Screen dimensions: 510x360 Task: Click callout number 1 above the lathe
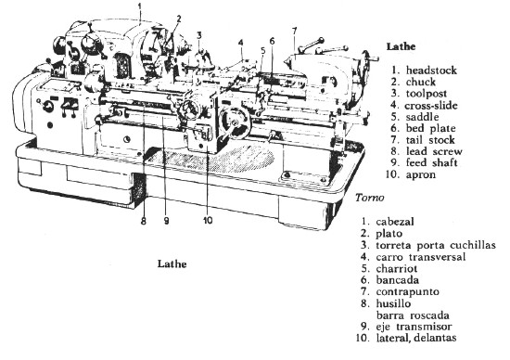[x=140, y=6]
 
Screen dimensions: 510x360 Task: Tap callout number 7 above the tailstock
[x=294, y=32]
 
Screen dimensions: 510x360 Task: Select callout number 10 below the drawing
[x=208, y=221]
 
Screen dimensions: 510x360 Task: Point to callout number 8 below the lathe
[x=144, y=222]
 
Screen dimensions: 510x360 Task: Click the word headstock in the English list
[x=431, y=71]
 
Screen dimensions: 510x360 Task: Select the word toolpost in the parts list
[x=427, y=94]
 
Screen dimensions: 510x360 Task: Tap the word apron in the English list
[x=421, y=174]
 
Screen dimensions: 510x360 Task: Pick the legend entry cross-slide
[x=431, y=106]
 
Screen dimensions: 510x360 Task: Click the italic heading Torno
[x=369, y=198]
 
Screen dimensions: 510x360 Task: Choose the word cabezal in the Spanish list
[x=395, y=222]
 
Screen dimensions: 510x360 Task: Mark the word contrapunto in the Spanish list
[x=408, y=291]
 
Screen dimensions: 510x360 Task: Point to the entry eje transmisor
[x=414, y=327]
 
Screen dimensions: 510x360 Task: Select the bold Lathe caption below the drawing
[x=172, y=264]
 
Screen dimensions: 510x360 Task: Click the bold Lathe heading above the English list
[x=401, y=46]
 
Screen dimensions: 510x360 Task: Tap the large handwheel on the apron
[x=235, y=122]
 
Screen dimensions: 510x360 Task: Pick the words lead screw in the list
[x=434, y=151]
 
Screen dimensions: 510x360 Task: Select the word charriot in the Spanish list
[x=397, y=268]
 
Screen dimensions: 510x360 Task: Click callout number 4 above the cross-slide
[x=241, y=43]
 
